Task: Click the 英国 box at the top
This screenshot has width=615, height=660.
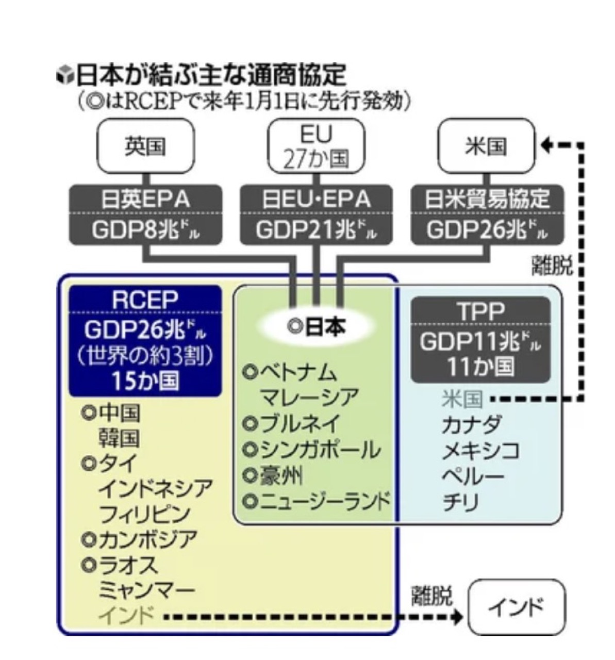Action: coord(145,146)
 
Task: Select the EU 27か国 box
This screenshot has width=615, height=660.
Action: coord(316,146)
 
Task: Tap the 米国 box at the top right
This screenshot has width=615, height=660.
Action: coord(486,146)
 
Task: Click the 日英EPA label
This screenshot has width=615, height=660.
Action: coord(146,200)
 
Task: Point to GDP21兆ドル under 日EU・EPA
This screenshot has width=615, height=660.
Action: coord(316,230)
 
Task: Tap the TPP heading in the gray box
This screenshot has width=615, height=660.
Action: coord(480,311)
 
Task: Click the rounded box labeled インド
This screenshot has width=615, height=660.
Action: coord(516,607)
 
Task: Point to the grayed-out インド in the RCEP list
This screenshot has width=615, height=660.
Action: coord(126,615)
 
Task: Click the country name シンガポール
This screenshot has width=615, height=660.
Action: coord(320,450)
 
